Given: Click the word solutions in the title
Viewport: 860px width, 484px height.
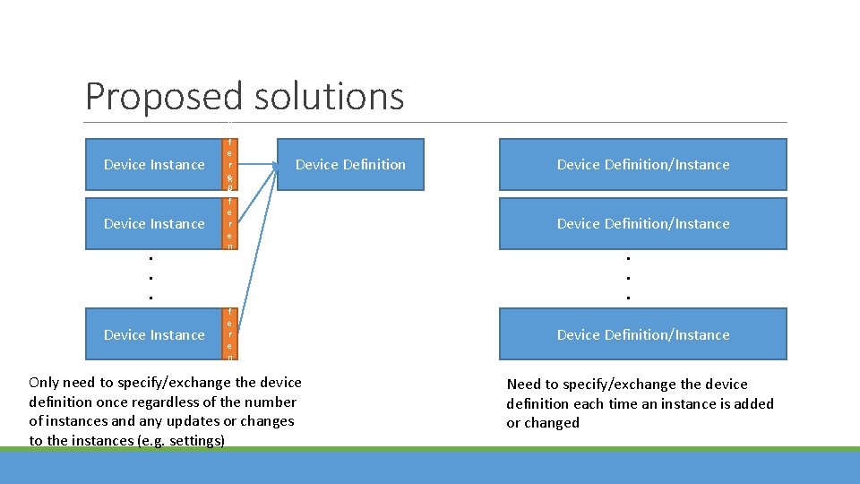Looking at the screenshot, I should (329, 97).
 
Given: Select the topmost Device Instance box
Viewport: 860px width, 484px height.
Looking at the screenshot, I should (153, 165).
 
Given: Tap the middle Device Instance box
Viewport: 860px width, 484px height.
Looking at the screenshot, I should (153, 224).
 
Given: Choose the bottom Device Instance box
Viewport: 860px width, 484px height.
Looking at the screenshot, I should (153, 335).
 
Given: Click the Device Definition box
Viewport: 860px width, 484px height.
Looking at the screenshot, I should (350, 165).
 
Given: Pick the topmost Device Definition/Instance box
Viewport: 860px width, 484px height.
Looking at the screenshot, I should (642, 165).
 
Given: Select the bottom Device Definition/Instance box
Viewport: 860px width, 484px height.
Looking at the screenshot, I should (642, 335).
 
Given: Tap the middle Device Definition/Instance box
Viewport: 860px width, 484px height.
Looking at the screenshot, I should (642, 224).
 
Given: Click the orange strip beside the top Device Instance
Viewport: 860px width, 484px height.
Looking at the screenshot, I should (229, 164).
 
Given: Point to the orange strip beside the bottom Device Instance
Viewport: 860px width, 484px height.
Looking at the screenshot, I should (229, 334).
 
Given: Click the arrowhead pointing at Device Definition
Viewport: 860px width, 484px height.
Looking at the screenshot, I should (271, 165).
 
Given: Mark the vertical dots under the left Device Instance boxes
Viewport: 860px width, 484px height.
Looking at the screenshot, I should (150, 277).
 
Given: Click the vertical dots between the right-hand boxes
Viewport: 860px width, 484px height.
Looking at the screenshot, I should (629, 277).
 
